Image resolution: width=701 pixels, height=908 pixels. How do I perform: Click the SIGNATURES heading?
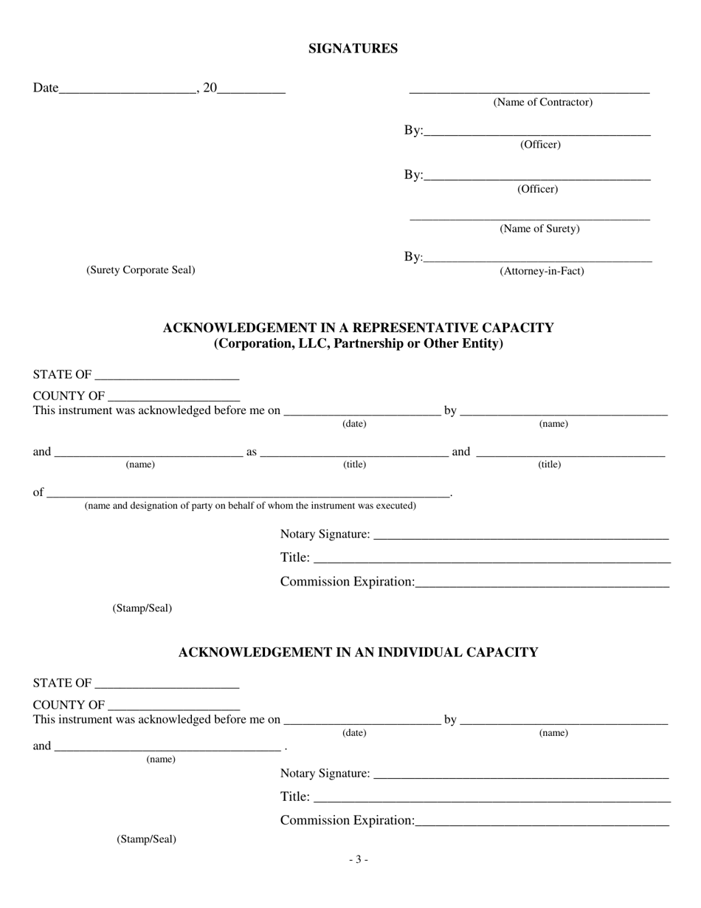(x=353, y=49)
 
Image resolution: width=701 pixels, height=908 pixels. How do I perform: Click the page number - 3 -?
(x=358, y=859)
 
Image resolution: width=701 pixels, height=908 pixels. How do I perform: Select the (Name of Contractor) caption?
(x=542, y=103)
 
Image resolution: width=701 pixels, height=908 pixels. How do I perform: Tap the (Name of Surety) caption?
(x=539, y=229)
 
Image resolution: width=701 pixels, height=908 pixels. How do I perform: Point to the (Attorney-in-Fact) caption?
(x=542, y=271)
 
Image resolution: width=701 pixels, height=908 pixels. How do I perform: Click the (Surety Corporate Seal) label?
(x=140, y=270)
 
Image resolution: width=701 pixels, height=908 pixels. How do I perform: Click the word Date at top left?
(x=45, y=89)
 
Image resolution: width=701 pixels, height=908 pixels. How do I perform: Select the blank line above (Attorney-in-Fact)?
(x=539, y=260)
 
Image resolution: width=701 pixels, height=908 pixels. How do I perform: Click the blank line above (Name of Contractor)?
(x=529, y=92)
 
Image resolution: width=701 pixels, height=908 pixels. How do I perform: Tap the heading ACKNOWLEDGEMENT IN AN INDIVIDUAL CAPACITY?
(x=358, y=653)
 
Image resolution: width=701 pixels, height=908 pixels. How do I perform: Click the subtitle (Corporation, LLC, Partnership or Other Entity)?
(x=358, y=344)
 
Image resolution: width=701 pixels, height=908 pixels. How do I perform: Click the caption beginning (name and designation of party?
(x=250, y=506)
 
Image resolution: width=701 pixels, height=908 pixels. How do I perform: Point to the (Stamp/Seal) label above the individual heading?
(x=142, y=608)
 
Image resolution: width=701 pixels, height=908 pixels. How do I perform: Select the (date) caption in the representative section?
(x=353, y=424)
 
